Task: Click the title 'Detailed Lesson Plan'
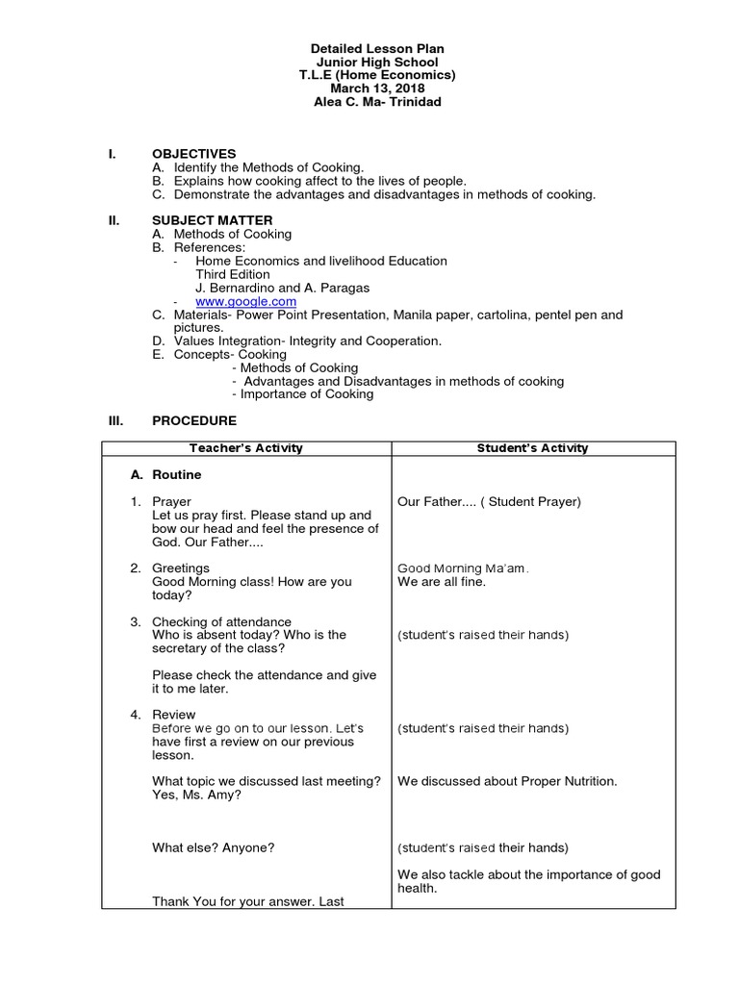click(377, 48)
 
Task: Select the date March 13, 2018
click(377, 88)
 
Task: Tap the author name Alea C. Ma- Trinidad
click(377, 102)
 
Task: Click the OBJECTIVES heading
click(193, 154)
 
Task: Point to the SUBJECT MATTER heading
click(212, 220)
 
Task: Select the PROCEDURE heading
click(193, 420)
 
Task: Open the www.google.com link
click(245, 301)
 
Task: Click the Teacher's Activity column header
click(245, 448)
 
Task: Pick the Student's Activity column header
click(532, 448)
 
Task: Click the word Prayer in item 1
click(171, 501)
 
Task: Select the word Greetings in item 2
click(180, 568)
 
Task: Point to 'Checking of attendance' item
click(221, 621)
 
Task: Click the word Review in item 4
click(173, 715)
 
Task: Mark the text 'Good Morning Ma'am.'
click(463, 568)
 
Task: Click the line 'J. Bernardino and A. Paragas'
click(282, 288)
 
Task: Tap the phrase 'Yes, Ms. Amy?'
click(196, 795)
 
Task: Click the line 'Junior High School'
click(377, 62)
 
